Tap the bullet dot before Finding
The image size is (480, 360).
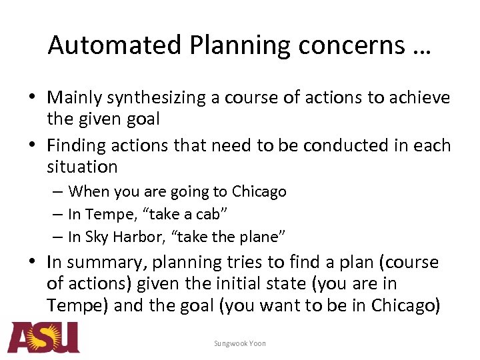tap(33, 145)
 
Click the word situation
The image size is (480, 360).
tap(82, 167)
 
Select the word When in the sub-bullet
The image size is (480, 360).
tap(89, 192)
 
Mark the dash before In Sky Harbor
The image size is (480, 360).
tap(59, 237)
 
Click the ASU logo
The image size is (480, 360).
tap(43, 337)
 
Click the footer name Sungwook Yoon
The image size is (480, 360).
tap(240, 343)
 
